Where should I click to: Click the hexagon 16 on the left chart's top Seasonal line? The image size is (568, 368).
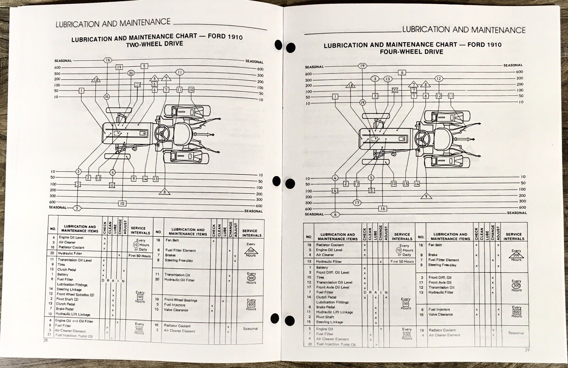(x=108, y=60)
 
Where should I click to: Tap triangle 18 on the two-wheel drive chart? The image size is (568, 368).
(x=96, y=80)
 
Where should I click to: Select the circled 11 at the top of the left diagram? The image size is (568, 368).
(x=180, y=72)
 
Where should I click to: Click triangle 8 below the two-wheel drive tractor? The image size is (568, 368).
(x=164, y=192)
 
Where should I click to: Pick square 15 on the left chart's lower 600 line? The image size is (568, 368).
(x=122, y=203)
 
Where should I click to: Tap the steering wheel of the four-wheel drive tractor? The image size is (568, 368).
(x=423, y=138)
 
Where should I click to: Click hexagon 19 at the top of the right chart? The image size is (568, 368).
(x=362, y=66)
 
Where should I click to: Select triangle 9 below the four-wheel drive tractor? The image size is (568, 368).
(x=426, y=196)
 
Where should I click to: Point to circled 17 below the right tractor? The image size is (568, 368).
(x=357, y=202)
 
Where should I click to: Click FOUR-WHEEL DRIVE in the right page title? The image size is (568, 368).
(x=411, y=52)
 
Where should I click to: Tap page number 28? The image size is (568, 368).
(x=45, y=340)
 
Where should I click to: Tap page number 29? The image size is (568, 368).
(x=527, y=350)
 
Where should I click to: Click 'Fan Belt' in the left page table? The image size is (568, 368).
(x=172, y=240)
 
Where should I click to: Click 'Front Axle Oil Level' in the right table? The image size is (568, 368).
(x=332, y=287)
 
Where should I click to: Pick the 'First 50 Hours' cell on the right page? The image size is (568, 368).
(x=402, y=261)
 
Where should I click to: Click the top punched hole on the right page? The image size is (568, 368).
(x=290, y=48)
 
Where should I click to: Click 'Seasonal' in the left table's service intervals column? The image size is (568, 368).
(x=250, y=329)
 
